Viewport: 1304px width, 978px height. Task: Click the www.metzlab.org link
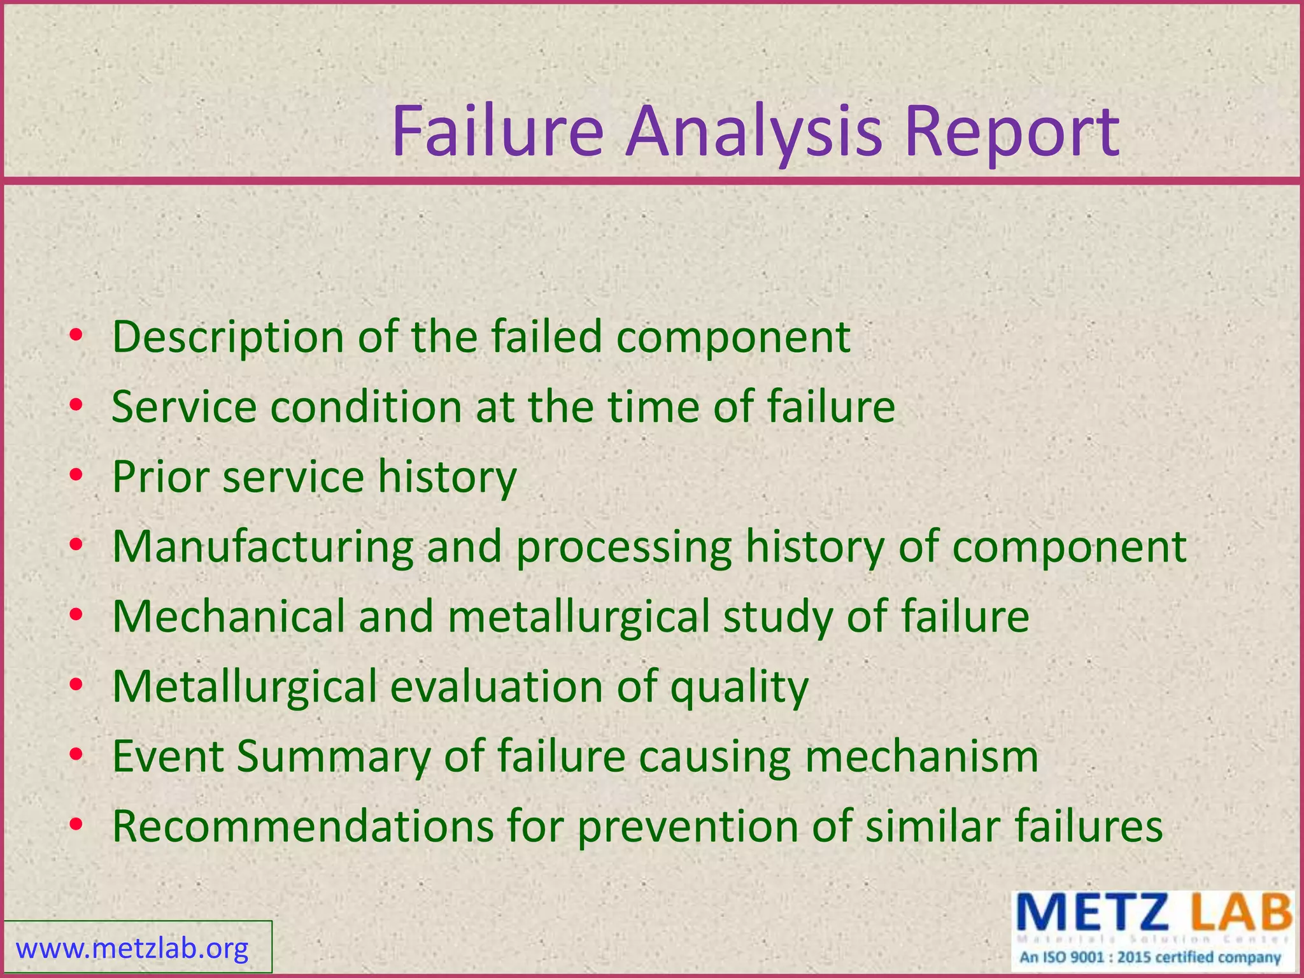coord(132,949)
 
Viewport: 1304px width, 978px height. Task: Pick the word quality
coord(739,688)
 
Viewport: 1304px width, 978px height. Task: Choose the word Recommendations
coord(302,826)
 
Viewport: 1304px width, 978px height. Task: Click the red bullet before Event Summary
coord(76,756)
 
